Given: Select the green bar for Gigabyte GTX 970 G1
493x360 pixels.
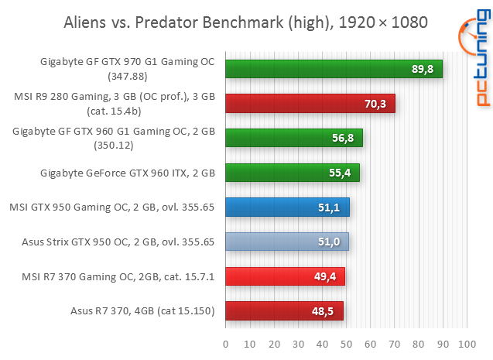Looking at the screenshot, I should coord(333,69).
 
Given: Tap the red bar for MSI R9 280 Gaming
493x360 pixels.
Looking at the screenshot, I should coord(310,103).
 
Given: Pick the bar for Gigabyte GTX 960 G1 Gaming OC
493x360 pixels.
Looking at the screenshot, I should coord(293,138).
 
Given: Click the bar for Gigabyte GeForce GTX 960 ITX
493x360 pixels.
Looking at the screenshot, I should coord(292,173).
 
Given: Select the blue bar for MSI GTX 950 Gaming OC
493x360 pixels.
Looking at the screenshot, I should coord(286,207).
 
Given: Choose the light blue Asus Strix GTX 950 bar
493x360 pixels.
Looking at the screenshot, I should coord(286,242).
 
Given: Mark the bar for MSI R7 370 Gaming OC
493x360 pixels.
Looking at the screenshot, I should coord(284,276).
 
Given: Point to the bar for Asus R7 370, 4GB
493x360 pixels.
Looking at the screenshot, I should coord(283,311).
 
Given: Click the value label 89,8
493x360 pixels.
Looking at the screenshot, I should coord(422,70).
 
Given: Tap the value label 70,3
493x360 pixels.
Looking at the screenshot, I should coord(375,104).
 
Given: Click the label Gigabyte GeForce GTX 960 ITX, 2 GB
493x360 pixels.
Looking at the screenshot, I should coord(128,173).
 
